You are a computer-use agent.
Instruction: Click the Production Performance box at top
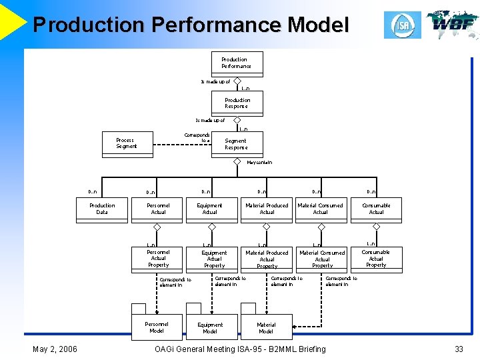click(237, 63)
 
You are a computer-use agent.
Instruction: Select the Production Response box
click(237, 103)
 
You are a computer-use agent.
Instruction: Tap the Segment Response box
click(236, 144)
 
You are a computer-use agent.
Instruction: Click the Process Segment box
click(127, 144)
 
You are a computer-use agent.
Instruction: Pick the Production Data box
click(102, 209)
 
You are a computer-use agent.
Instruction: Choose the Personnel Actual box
click(158, 209)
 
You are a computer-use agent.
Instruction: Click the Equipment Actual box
click(210, 209)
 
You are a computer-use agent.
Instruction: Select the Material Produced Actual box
click(267, 209)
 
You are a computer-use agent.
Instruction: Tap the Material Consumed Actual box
click(320, 209)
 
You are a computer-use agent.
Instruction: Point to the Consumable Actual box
click(376, 209)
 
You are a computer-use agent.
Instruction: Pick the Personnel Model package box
click(157, 327)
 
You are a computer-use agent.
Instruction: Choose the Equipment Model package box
click(210, 327)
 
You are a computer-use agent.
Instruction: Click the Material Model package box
click(265, 327)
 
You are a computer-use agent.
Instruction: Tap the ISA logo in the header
click(402, 25)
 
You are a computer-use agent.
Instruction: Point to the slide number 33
click(459, 349)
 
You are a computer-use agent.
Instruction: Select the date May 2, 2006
click(55, 349)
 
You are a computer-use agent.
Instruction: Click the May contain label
click(259, 162)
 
